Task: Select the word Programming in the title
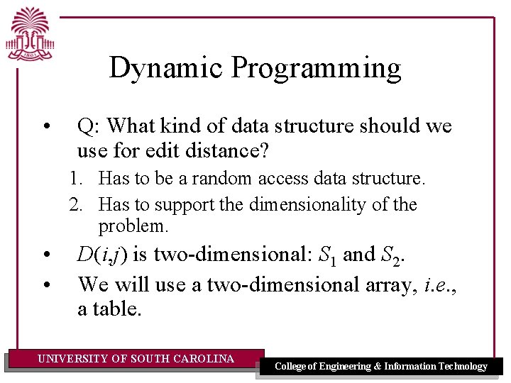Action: point(316,68)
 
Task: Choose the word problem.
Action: point(133,226)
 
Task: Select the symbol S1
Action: point(326,255)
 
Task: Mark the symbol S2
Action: point(393,255)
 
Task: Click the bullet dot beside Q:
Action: point(46,128)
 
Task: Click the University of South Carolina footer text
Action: point(136,359)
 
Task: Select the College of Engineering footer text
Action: point(380,366)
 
